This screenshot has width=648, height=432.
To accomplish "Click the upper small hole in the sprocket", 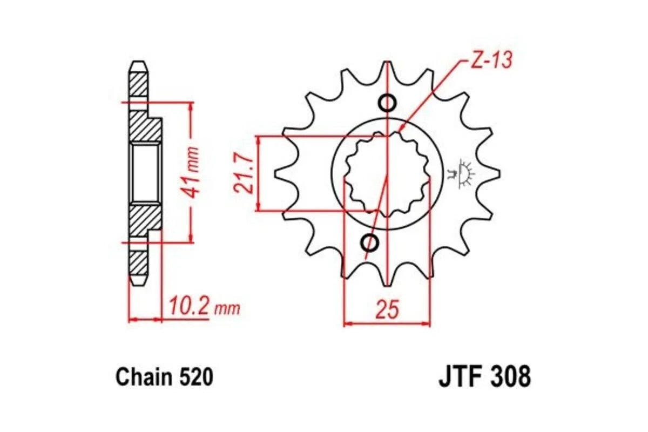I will (388, 103).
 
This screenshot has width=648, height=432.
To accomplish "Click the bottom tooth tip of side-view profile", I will (139, 282).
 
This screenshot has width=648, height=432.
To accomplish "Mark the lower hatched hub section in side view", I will (145, 219).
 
